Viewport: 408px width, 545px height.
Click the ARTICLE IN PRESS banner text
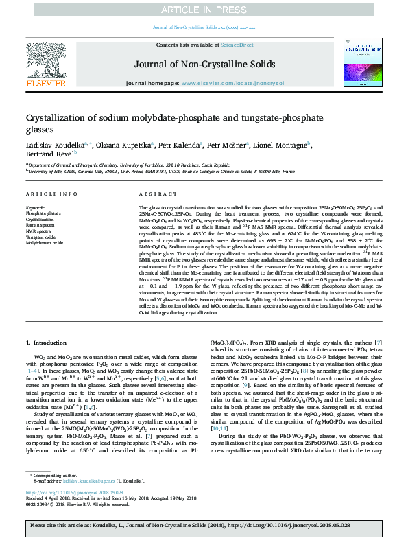click(204, 9)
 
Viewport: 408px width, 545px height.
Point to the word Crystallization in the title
click(59, 118)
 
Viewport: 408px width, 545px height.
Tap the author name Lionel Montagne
click(280, 145)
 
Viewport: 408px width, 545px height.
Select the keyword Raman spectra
click(40, 224)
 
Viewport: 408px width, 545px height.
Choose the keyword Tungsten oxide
click(40, 237)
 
